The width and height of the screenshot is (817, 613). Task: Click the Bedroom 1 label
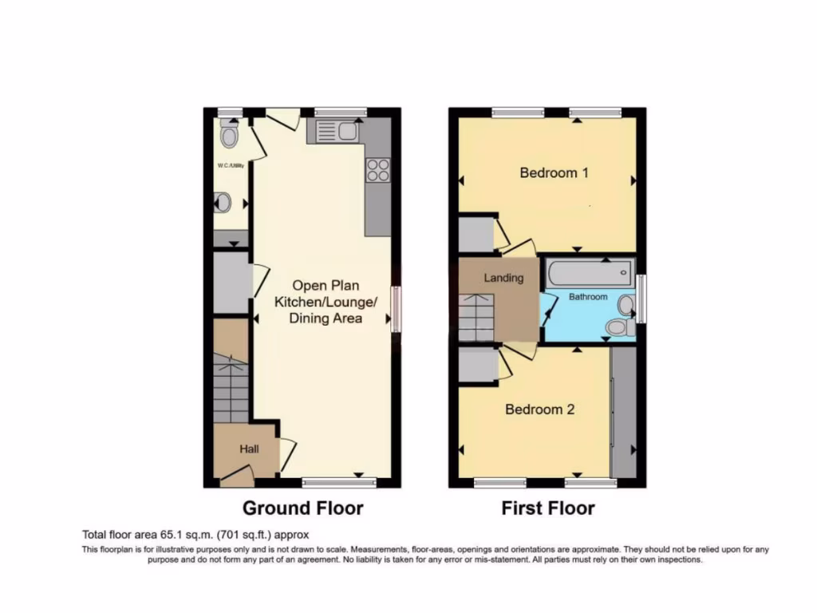pyautogui.click(x=554, y=172)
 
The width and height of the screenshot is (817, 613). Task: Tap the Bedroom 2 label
pyautogui.click(x=540, y=409)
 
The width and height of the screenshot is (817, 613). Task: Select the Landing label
pyautogui.click(x=504, y=278)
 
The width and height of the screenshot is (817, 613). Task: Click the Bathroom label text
pyautogui.click(x=587, y=297)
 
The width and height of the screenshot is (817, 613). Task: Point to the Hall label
pyautogui.click(x=249, y=450)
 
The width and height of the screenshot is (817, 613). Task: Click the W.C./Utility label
pyautogui.click(x=230, y=165)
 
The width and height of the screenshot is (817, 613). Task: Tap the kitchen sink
pyautogui.click(x=336, y=131)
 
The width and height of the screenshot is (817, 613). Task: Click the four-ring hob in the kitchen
pyautogui.click(x=377, y=170)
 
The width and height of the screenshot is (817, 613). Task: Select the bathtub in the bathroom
pyautogui.click(x=589, y=275)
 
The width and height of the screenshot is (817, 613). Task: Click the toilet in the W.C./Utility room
pyautogui.click(x=230, y=136)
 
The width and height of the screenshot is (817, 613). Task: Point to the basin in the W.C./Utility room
pyautogui.click(x=223, y=204)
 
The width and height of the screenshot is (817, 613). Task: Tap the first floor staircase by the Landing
pyautogui.click(x=476, y=317)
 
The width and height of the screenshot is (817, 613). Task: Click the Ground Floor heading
pyautogui.click(x=302, y=508)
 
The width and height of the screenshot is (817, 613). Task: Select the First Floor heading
pyautogui.click(x=547, y=508)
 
